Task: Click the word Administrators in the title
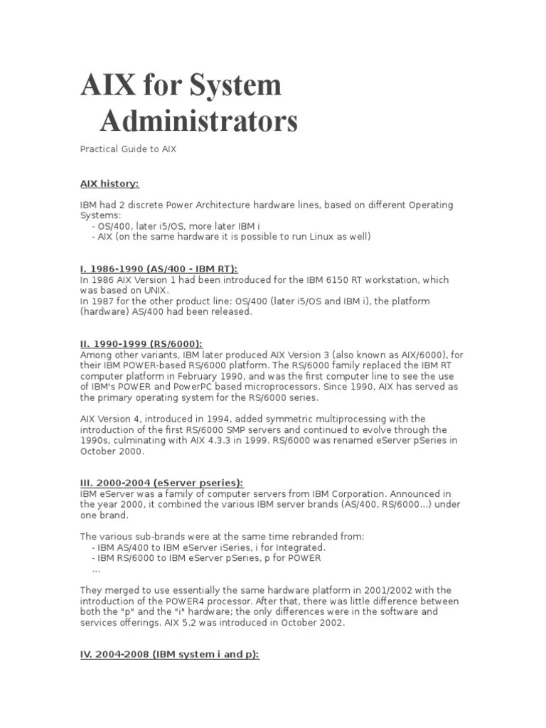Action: [x=198, y=121]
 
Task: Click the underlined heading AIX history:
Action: [x=109, y=183]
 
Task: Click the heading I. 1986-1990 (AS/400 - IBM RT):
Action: [x=159, y=269]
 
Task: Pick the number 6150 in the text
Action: [x=331, y=280]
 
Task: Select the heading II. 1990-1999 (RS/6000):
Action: [x=139, y=344]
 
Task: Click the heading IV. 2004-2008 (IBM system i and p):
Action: [x=169, y=654]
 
